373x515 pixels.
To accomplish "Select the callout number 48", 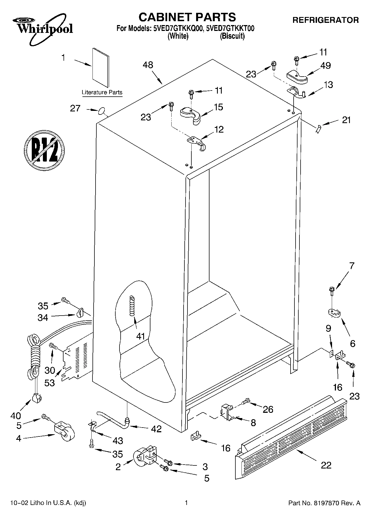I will [x=148, y=65].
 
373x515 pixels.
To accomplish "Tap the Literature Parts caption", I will [x=102, y=92].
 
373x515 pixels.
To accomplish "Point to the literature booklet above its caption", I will [x=101, y=67].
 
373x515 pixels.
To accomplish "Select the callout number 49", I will [x=325, y=65].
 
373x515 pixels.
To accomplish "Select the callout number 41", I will [x=141, y=336].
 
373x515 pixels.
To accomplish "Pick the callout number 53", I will [x=50, y=383].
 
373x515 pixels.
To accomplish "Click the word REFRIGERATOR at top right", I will [x=325, y=20].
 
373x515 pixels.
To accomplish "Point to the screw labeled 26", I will [x=246, y=402].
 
